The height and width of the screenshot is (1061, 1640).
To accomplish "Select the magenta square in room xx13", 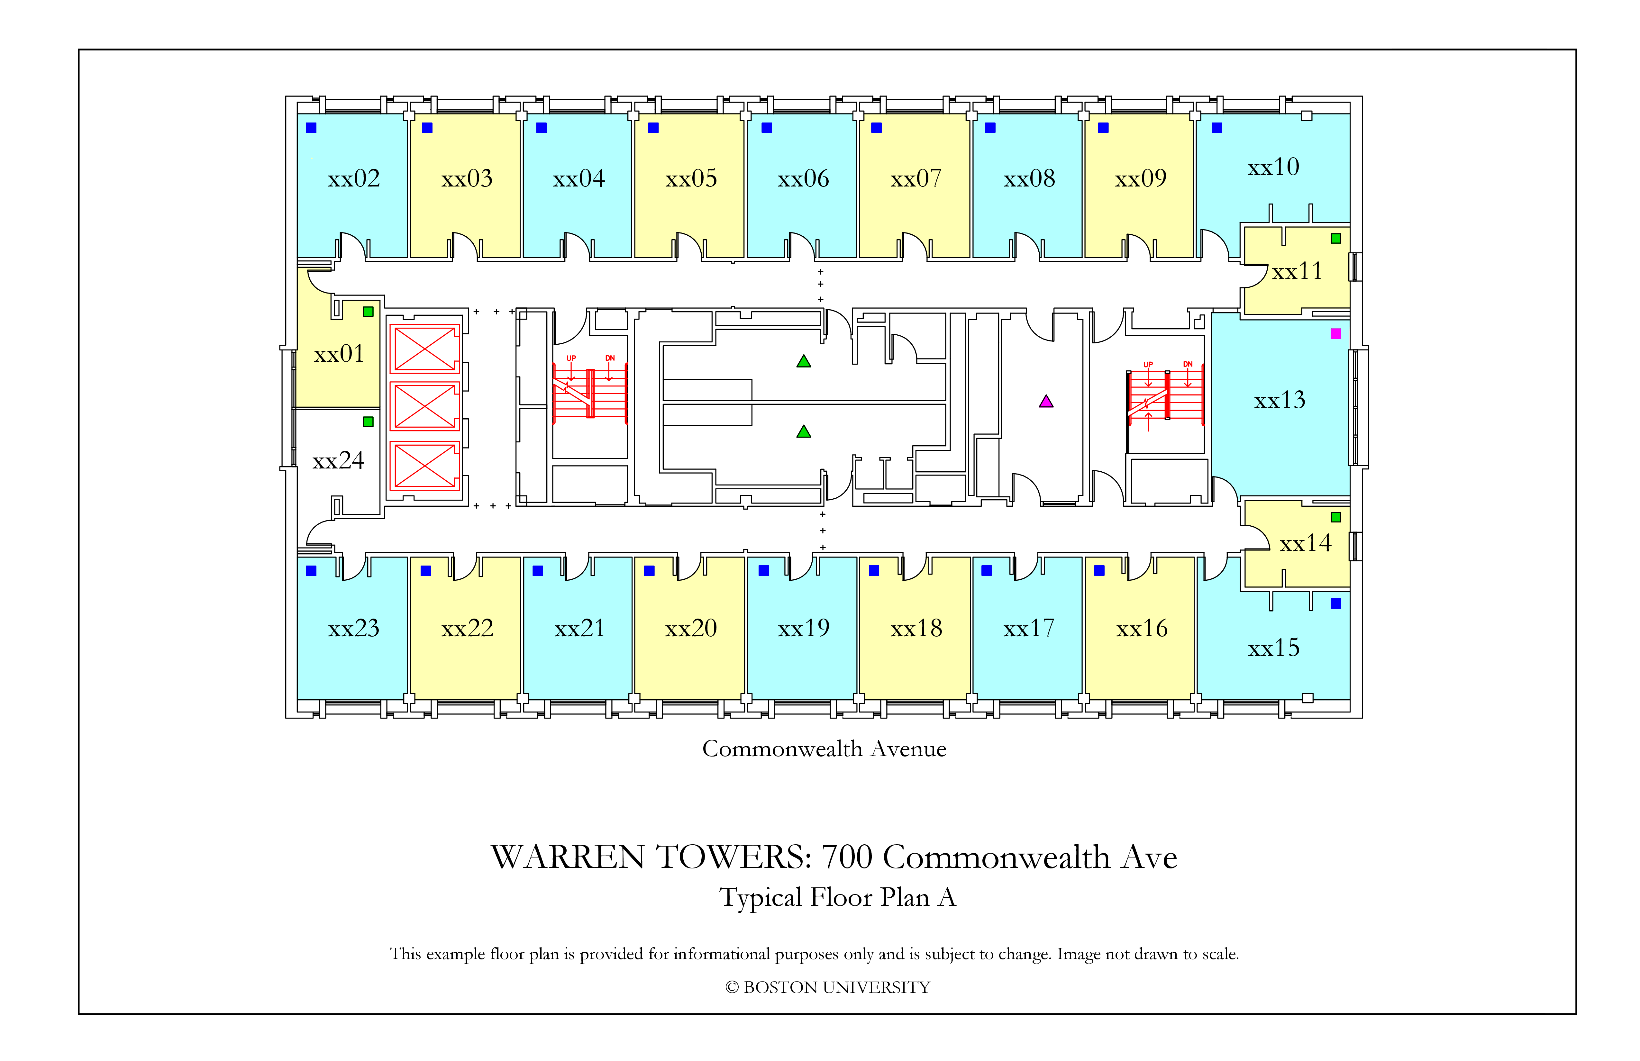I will coord(1335,333).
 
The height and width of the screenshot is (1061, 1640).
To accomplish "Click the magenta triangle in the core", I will coord(1046,401).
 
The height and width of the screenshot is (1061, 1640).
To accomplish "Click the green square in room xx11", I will coord(1335,238).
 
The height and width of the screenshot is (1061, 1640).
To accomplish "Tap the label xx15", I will coord(1273,648).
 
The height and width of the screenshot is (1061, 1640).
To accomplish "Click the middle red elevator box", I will coord(424,406).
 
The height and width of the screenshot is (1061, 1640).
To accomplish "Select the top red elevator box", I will coord(424,349).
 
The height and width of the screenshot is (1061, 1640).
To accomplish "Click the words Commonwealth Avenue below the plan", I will coord(824,749).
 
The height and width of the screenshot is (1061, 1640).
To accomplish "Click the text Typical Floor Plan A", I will coord(837,897).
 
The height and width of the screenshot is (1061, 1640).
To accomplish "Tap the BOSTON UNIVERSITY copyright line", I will coord(827,987).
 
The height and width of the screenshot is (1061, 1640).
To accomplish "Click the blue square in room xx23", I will coord(312,570).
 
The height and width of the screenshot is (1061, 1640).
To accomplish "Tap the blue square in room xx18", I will coord(874,570).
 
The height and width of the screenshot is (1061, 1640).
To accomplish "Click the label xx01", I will coord(338,354).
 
